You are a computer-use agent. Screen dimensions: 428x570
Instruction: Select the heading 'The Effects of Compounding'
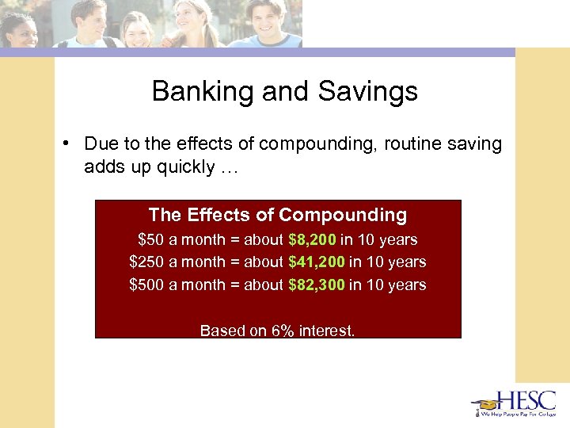click(x=278, y=215)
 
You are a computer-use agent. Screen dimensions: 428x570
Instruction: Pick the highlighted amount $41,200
click(x=316, y=262)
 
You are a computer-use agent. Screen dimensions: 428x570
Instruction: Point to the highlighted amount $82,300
click(x=316, y=285)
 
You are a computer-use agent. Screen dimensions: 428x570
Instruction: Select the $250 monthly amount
click(x=146, y=262)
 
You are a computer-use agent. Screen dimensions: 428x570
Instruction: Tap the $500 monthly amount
click(x=146, y=285)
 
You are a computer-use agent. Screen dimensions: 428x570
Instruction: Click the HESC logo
click(x=514, y=403)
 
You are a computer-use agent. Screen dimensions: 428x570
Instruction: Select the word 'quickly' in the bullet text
click(x=181, y=166)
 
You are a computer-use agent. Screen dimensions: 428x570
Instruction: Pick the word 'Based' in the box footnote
click(x=222, y=331)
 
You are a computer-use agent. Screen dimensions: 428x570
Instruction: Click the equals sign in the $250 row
click(x=235, y=262)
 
